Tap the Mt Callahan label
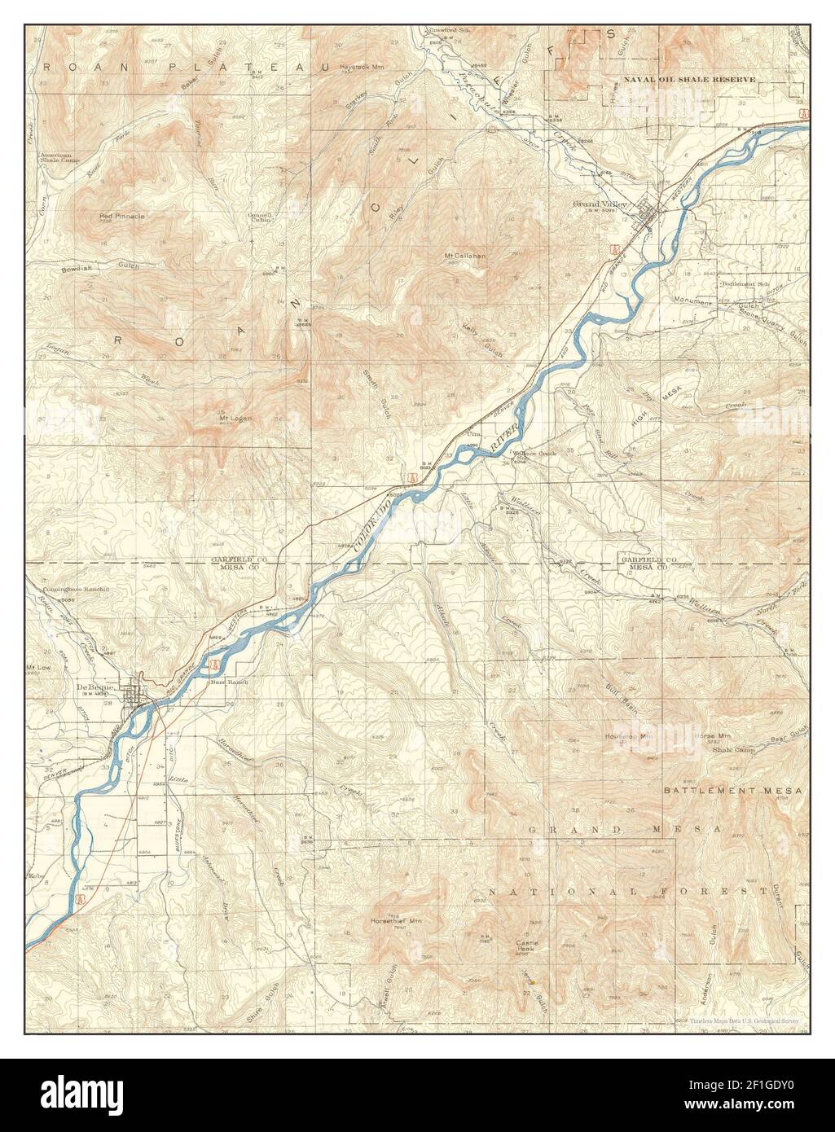(464, 256)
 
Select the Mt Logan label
(235, 419)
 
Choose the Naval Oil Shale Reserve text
(689, 80)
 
